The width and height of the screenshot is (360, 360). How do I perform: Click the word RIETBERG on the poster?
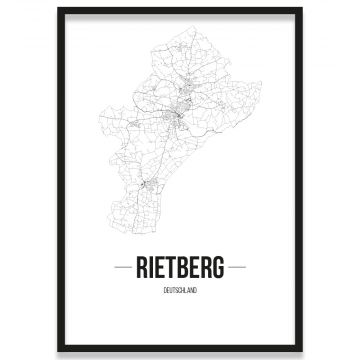tap(180, 268)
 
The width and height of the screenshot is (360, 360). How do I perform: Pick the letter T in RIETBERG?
tap(173, 268)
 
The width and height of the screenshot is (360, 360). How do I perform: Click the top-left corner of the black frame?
tap(58, 9)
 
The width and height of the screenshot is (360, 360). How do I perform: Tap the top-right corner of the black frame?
tap(302, 9)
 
